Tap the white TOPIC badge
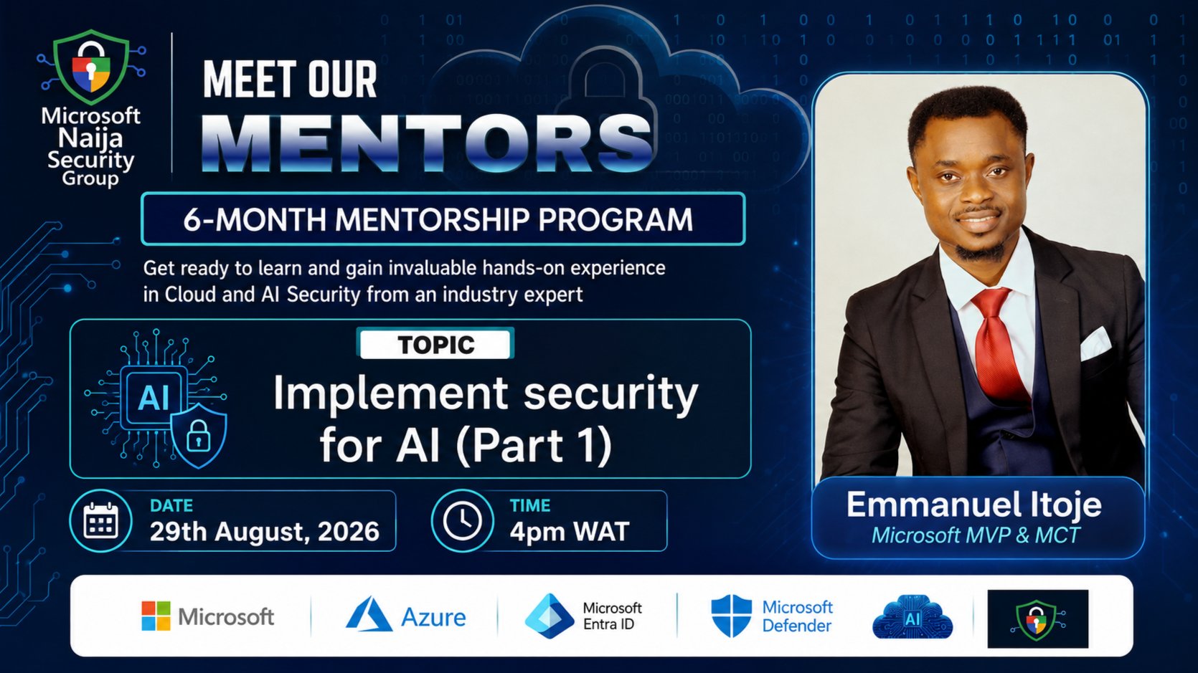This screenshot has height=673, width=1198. [435, 344]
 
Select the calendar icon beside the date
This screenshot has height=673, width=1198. [100, 520]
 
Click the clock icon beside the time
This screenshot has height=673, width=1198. [462, 520]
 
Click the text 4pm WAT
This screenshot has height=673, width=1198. [569, 532]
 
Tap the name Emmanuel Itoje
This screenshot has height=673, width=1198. [974, 505]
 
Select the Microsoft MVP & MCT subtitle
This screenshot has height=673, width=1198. [976, 535]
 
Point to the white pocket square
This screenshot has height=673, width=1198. [1094, 343]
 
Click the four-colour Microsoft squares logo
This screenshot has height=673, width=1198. [156, 616]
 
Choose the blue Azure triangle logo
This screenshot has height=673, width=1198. [369, 615]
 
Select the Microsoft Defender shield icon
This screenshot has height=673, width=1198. [731, 616]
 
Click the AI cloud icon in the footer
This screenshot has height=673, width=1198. [912, 617]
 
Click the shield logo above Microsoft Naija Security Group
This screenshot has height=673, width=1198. [92, 67]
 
